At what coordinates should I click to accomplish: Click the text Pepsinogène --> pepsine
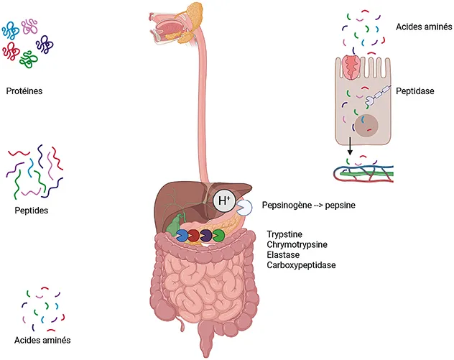(309, 206)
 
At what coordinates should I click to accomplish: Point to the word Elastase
(284, 255)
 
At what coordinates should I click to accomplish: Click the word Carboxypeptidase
(301, 265)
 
